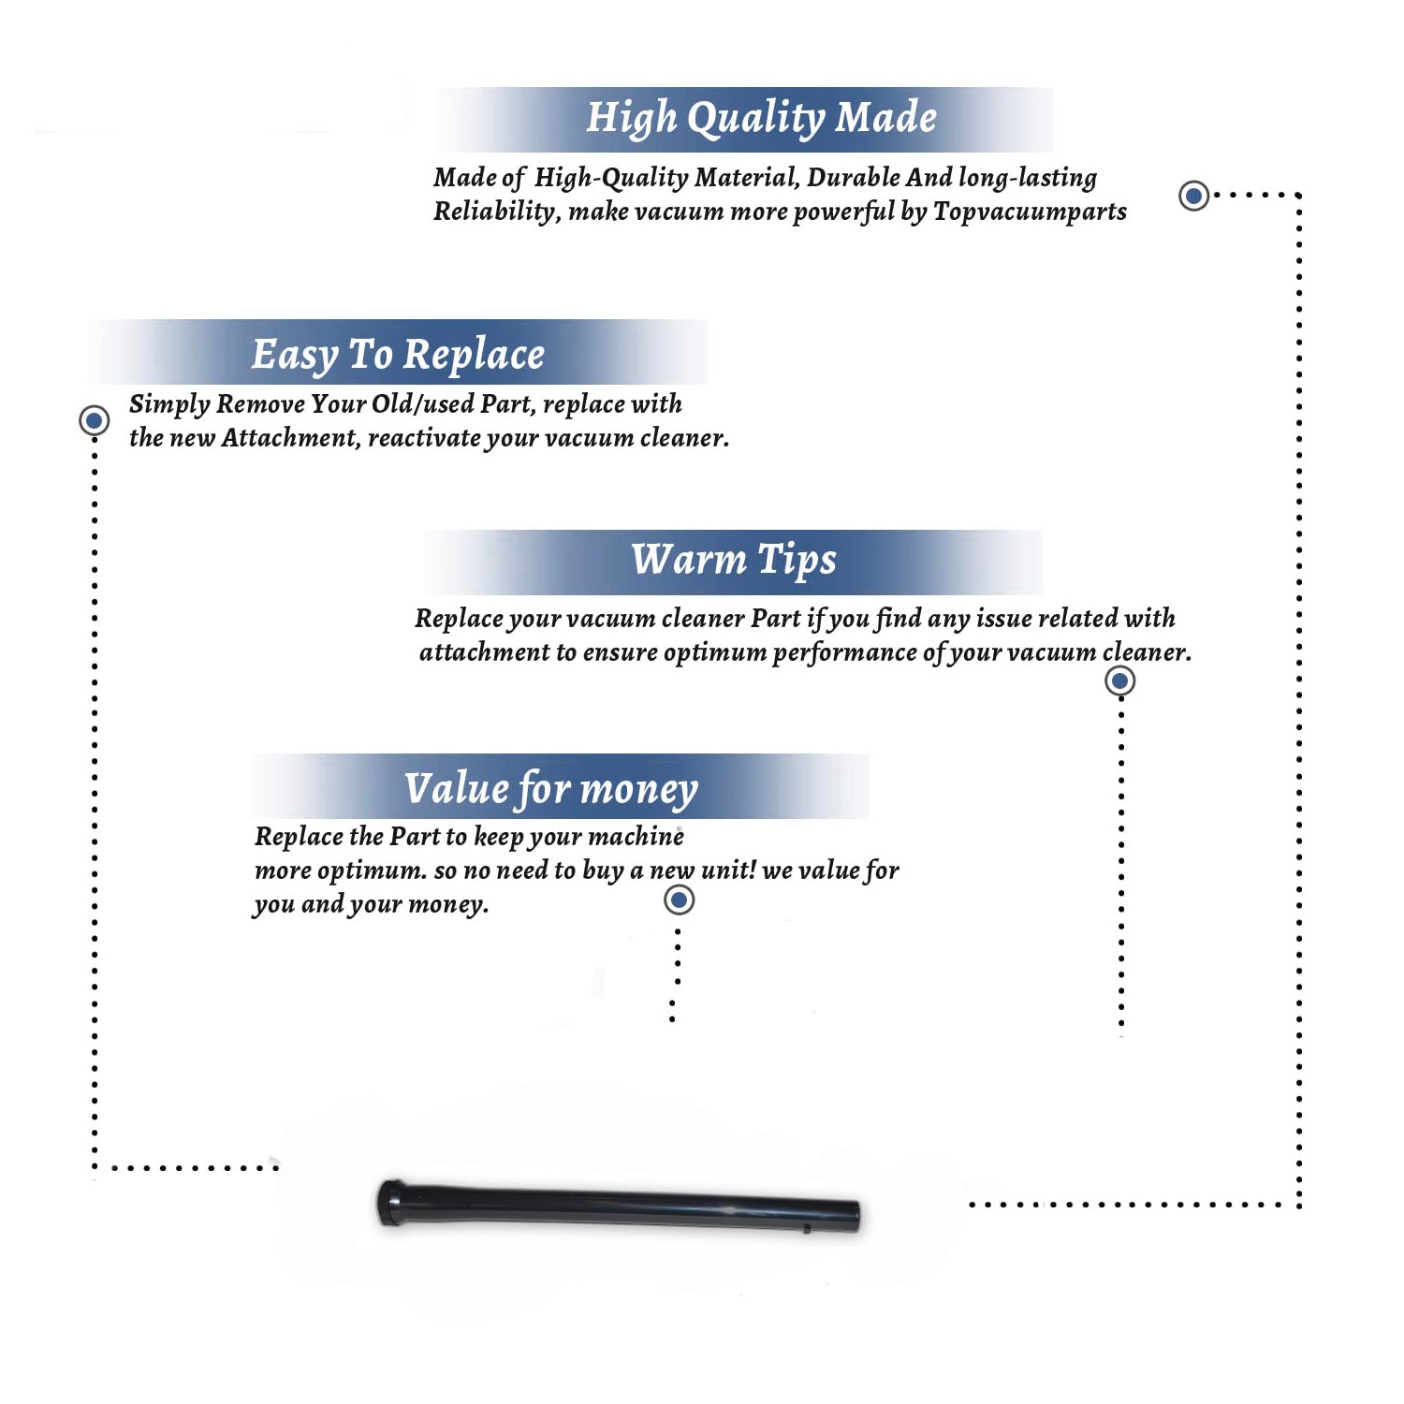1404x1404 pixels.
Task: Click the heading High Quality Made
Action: point(761,119)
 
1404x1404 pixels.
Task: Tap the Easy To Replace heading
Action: point(398,356)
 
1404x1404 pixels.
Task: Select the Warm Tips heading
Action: point(733,561)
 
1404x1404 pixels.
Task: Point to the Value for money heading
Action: point(550,789)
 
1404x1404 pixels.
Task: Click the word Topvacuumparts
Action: point(1030,212)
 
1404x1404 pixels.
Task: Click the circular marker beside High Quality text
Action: point(1193,196)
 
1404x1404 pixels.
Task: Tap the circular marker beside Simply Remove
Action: point(94,420)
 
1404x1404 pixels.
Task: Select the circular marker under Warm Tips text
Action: point(1119,680)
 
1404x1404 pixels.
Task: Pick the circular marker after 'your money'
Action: point(679,900)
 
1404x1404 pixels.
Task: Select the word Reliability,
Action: point(497,212)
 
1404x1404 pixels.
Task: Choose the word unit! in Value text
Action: point(728,870)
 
